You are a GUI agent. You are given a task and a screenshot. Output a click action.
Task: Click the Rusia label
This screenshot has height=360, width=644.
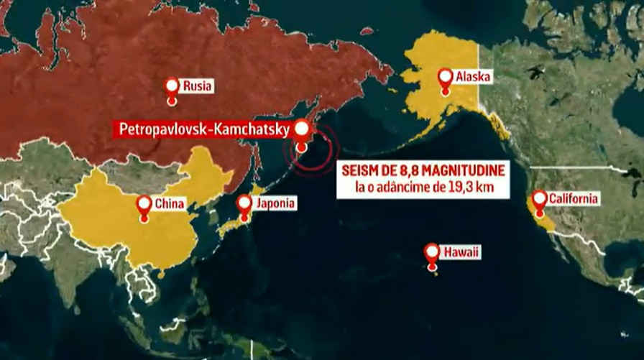click(197, 86)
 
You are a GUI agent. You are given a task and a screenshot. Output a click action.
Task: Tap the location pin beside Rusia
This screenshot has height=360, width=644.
click(172, 87)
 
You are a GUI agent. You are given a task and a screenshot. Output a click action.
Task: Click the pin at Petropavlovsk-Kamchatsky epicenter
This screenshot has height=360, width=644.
click(302, 130)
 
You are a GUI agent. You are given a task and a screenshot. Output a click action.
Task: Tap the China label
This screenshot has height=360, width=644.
click(170, 203)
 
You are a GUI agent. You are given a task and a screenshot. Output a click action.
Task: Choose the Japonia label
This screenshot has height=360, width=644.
click(272, 203)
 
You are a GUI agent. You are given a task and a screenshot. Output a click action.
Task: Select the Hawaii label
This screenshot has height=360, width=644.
click(461, 252)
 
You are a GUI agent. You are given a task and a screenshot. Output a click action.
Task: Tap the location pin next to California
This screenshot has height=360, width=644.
click(539, 199)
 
